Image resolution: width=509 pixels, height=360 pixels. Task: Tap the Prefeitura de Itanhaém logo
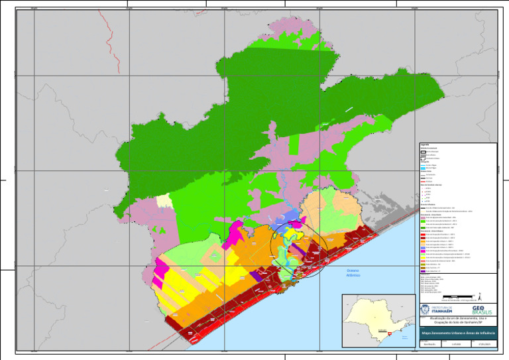[440, 310]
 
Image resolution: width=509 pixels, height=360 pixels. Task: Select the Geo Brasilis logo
[482, 310]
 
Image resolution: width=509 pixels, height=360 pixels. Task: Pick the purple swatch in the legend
[423, 271]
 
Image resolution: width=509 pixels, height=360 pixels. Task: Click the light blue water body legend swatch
[423, 168]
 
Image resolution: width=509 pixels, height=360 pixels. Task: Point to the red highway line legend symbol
[423, 181]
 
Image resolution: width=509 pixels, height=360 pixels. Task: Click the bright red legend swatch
[423, 235]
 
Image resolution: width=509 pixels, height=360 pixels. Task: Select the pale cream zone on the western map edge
[163, 204]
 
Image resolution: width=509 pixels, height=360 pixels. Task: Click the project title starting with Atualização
[457, 320]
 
